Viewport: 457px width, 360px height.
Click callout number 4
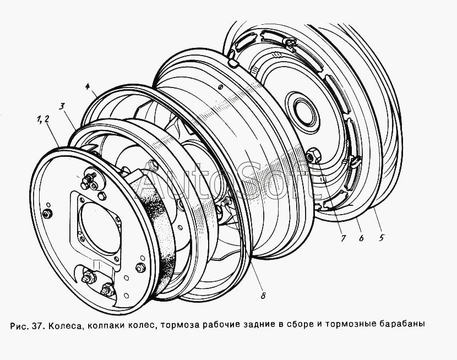tap(88, 86)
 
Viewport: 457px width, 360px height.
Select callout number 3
tap(62, 106)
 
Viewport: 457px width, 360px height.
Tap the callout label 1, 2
tap(43, 119)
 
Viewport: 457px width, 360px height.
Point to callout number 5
tap(382, 238)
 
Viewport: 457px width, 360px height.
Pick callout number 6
tap(361, 238)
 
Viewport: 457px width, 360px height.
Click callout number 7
tap(343, 238)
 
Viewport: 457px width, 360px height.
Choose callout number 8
tap(263, 296)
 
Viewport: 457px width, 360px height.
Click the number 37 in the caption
tap(37, 325)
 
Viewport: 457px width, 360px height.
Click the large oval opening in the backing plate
tap(101, 227)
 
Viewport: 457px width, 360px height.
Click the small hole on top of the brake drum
tap(221, 86)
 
